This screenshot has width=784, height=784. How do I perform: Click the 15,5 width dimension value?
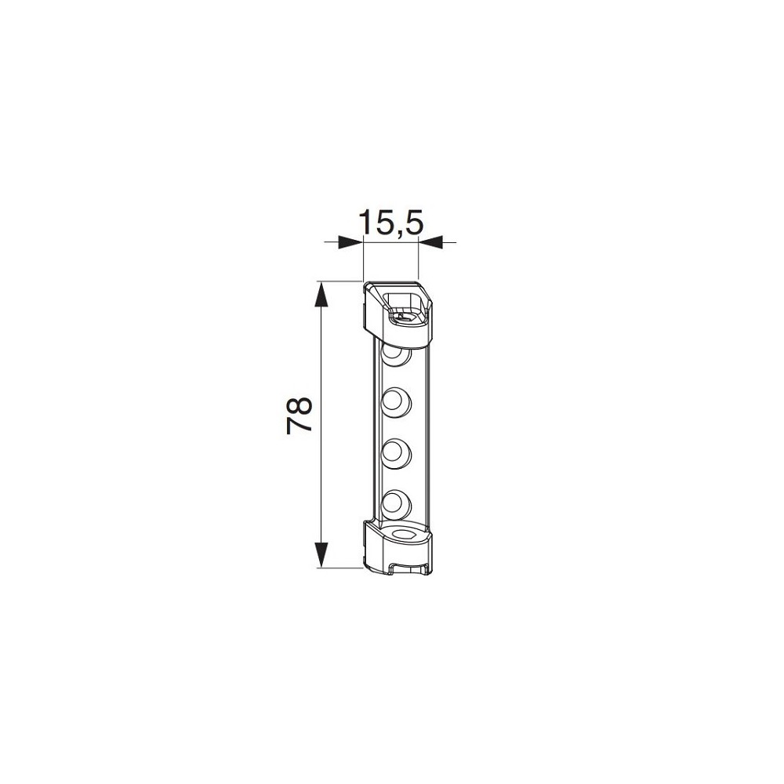click(391, 223)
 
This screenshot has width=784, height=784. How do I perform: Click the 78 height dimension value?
click(299, 415)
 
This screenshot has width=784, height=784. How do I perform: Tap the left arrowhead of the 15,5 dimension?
click(350, 242)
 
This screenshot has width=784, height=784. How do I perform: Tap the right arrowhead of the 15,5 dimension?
click(430, 242)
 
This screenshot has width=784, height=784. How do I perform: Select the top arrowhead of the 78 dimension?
click(321, 295)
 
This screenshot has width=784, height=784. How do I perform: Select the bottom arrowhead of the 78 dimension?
click(321, 554)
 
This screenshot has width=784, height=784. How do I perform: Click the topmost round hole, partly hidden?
click(396, 354)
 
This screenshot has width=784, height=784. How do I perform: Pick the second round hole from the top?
click(396, 401)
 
